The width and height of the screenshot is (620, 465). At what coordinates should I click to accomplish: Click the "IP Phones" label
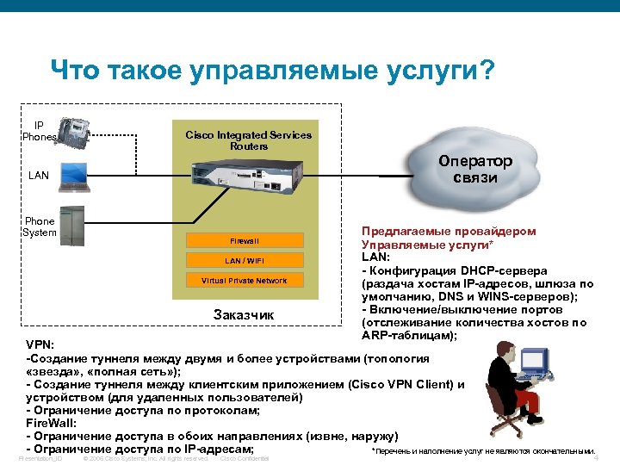pos(40,131)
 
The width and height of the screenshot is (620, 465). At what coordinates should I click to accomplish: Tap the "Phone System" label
pos(40,226)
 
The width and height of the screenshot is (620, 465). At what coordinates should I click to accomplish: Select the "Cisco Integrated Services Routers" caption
pos(248,140)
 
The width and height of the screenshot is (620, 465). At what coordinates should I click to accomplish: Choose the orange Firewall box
pos(244,240)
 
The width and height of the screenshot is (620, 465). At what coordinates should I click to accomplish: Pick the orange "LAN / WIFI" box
pos(244,260)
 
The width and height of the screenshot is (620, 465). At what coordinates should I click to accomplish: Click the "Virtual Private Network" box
pos(244,281)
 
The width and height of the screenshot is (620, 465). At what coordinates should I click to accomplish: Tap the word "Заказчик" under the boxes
pos(244,315)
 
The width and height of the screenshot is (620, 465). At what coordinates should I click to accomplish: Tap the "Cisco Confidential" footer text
pos(245,458)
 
